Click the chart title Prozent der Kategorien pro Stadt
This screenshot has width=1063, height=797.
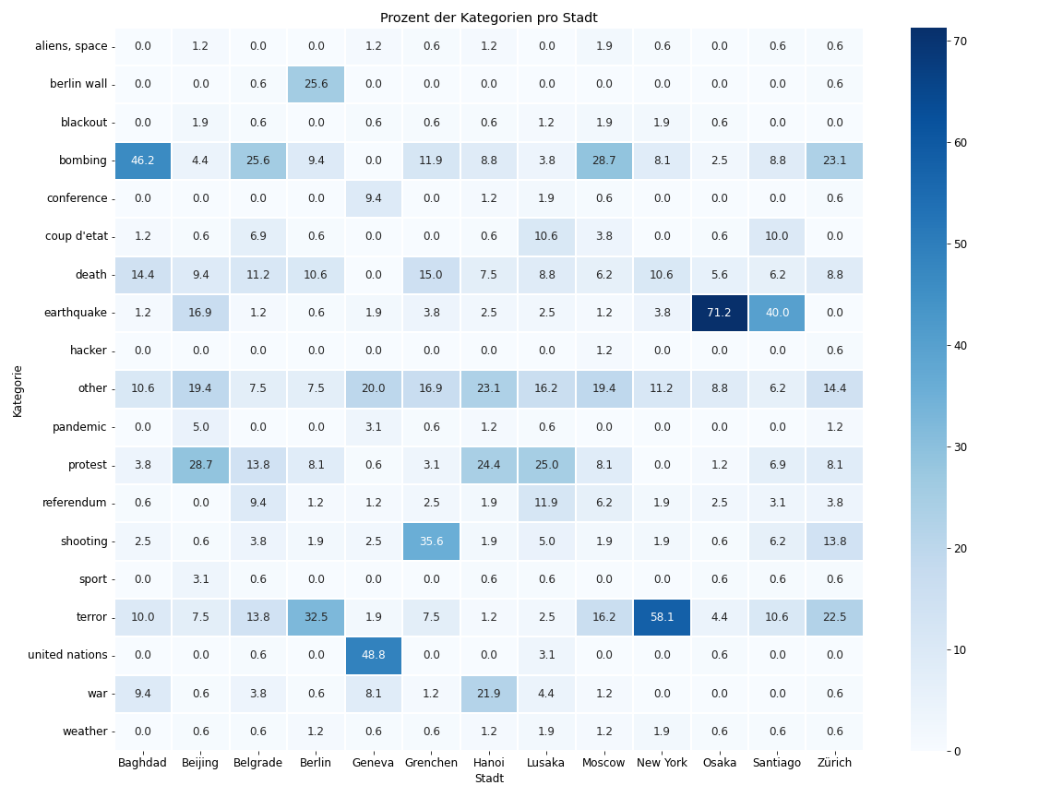coord(488,18)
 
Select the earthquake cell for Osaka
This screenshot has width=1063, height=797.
coord(719,313)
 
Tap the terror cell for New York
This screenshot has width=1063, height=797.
coord(662,617)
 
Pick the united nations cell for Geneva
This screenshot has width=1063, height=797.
coord(373,655)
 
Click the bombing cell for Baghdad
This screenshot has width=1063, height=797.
coord(143,161)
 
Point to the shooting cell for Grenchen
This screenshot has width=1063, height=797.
coord(431,541)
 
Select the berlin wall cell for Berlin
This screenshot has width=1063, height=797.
coord(316,84)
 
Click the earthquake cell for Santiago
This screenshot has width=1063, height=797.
coord(777,313)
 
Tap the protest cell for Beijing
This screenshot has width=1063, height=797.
coord(200,465)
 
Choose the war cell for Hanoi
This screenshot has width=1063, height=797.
coord(488,694)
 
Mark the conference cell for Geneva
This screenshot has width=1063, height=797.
coord(373,198)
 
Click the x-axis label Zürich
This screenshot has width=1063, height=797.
coord(834,763)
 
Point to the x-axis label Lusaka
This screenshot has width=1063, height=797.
coord(546,763)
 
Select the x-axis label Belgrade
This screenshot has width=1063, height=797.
coord(257,763)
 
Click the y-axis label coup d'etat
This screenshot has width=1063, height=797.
coord(77,236)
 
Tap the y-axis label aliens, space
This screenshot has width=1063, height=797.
coord(71,46)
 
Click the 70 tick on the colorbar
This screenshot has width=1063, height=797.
coord(960,42)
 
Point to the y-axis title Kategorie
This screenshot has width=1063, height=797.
coord(18,389)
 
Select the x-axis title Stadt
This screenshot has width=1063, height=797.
coord(488,779)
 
